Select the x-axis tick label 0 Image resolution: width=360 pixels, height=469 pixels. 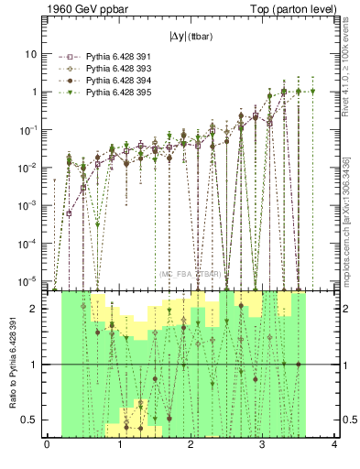(47, 446)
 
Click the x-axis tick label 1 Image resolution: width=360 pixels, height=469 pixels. (119, 446)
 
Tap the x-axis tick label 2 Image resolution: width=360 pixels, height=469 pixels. (191, 446)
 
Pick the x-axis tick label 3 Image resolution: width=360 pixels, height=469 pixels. (263, 446)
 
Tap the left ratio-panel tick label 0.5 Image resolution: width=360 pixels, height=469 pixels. (31, 420)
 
